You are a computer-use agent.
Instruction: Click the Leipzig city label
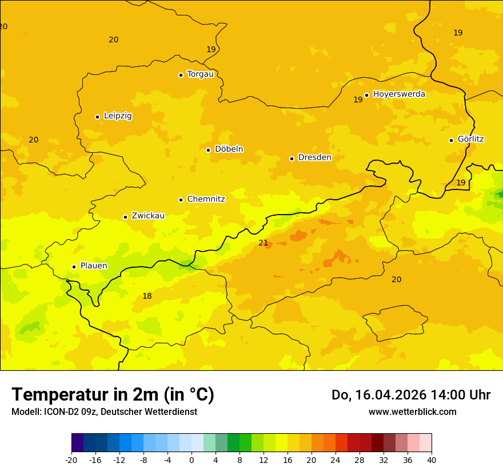click(118, 116)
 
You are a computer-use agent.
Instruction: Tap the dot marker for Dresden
click(292, 159)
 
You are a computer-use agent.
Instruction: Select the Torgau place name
click(200, 74)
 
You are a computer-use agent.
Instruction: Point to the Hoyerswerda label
click(399, 94)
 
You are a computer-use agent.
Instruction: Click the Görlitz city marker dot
click(451, 140)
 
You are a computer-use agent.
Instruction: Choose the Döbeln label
click(229, 149)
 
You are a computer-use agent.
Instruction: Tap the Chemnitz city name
click(206, 199)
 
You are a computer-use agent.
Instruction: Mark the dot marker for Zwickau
click(125, 217)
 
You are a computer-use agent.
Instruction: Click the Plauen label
click(94, 266)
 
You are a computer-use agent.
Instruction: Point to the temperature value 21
click(263, 243)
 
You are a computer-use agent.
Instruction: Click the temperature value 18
click(147, 296)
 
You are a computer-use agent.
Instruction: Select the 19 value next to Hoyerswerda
click(358, 100)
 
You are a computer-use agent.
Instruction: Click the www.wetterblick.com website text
click(412, 412)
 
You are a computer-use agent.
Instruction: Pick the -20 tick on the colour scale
click(71, 460)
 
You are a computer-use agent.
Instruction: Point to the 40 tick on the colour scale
click(432, 460)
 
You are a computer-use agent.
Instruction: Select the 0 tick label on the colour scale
click(191, 460)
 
